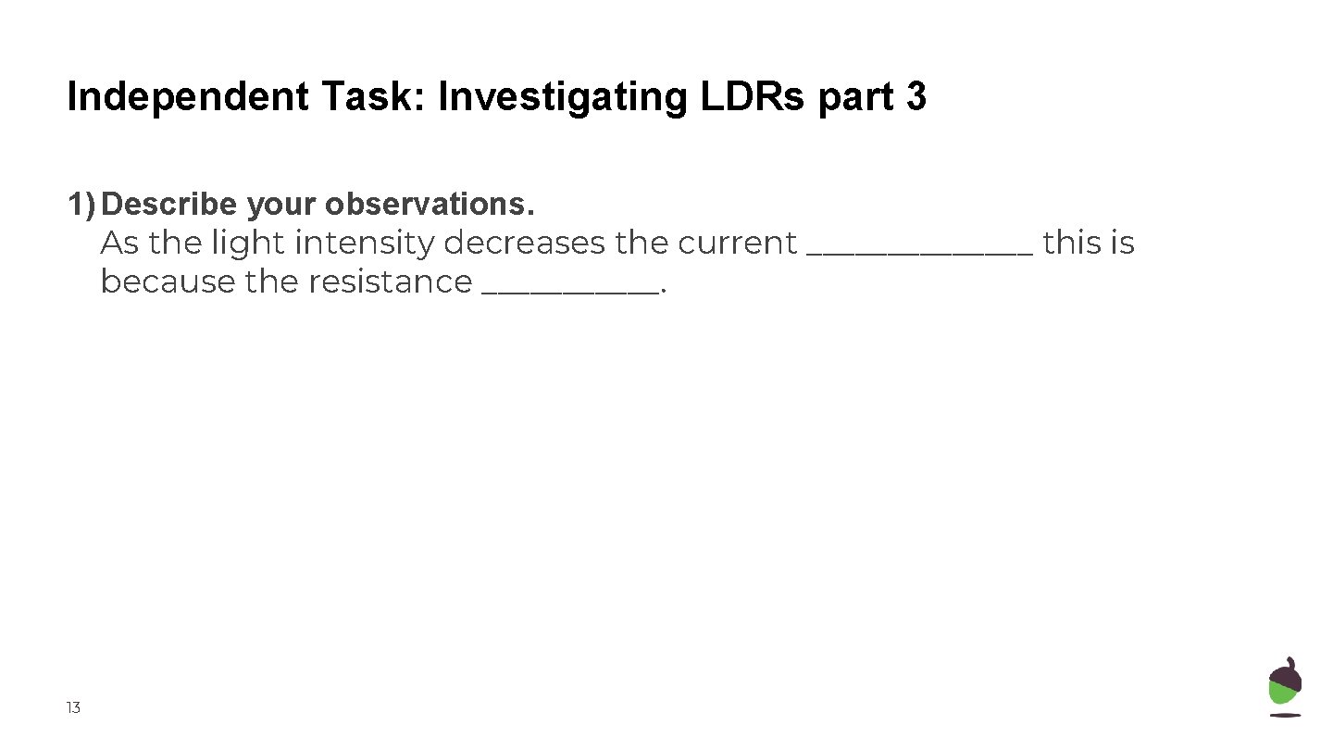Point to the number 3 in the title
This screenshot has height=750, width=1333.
[916, 97]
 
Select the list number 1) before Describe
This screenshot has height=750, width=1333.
[81, 203]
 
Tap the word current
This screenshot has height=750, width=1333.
[737, 243]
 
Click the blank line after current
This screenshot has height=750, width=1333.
[920, 250]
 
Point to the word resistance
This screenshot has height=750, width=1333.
[390, 281]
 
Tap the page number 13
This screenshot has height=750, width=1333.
[73, 708]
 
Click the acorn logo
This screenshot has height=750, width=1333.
[1285, 686]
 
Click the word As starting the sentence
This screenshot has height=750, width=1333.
[118, 243]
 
